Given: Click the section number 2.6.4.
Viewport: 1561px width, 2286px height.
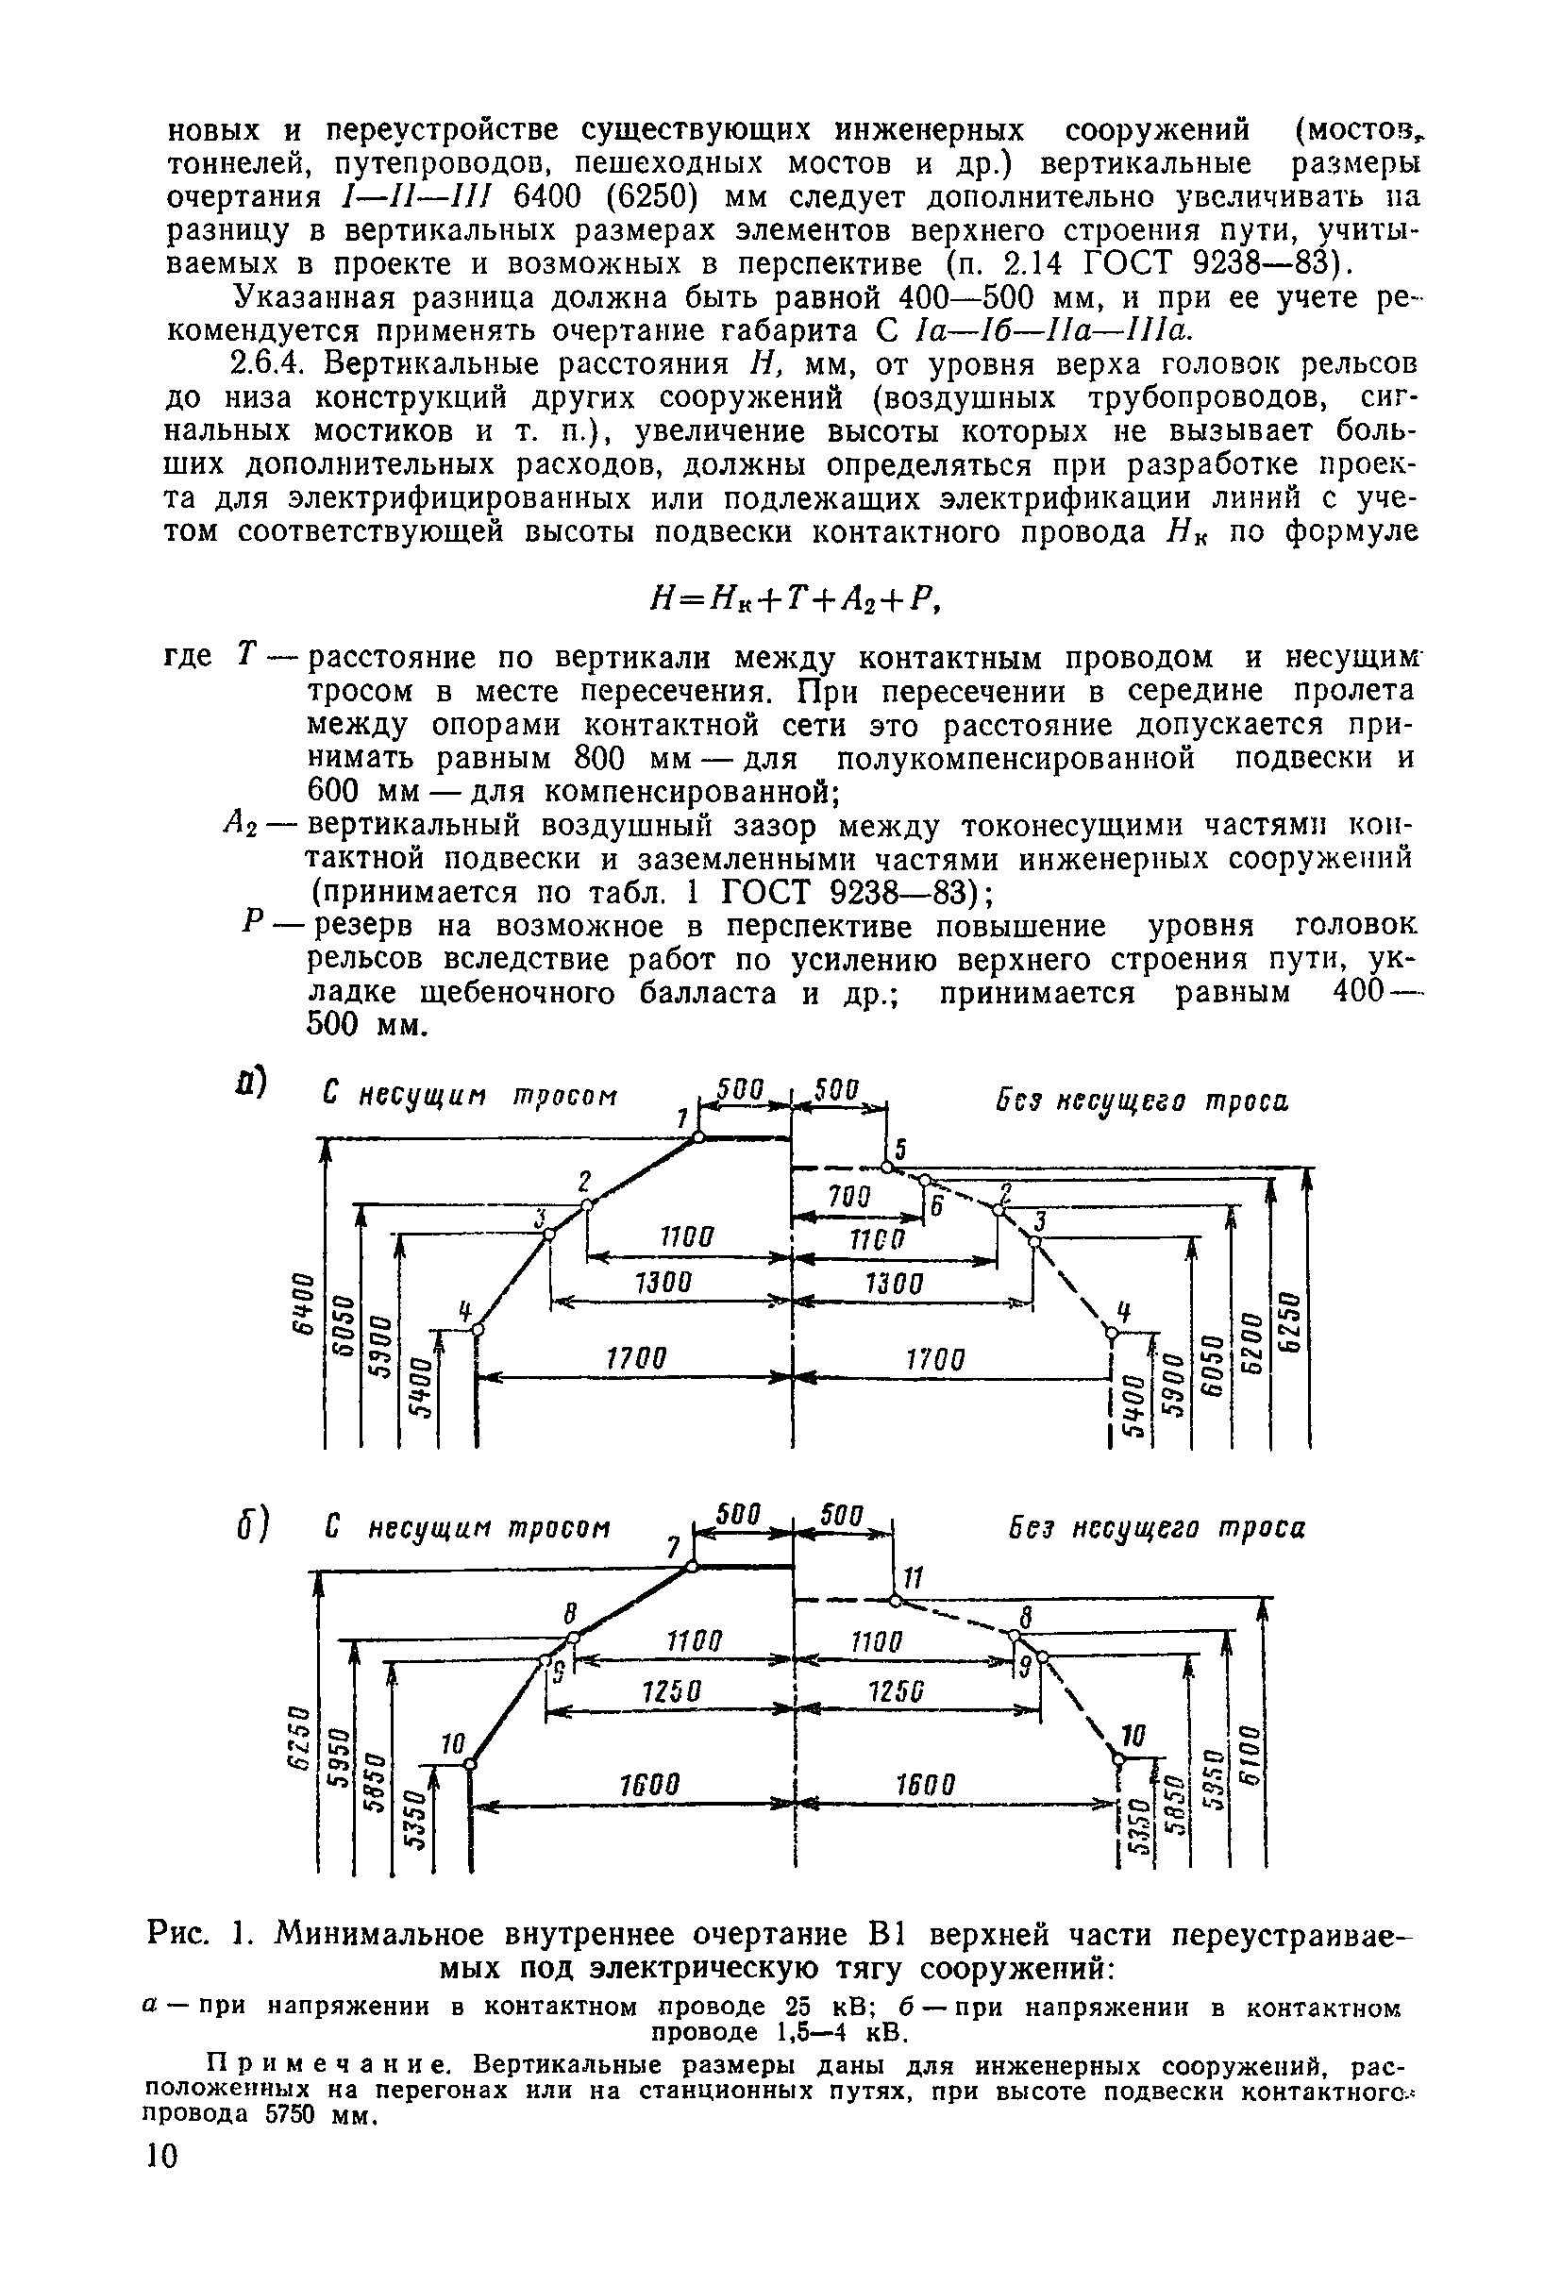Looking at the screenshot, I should click(x=270, y=365).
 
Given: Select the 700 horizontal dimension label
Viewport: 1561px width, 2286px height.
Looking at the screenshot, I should click(x=848, y=1196).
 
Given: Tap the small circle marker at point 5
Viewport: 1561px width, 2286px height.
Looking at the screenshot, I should click(x=886, y=1168).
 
